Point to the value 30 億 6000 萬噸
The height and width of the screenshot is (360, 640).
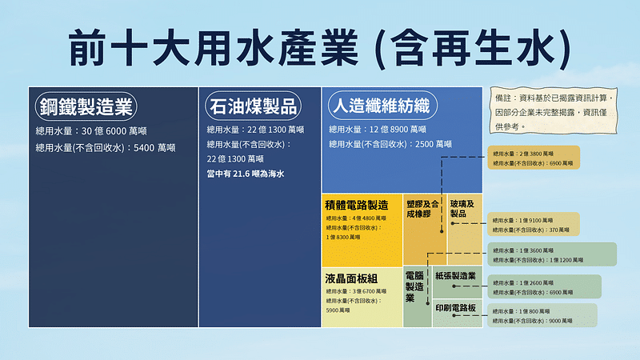click(112, 130)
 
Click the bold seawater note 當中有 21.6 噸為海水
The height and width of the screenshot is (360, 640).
click(246, 174)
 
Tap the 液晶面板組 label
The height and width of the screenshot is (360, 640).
click(351, 278)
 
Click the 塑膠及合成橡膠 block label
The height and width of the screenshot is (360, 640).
click(424, 209)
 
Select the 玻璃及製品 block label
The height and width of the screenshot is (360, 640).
click(462, 209)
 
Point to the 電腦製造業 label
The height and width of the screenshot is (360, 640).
click(415, 286)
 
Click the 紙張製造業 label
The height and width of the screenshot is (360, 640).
click(456, 276)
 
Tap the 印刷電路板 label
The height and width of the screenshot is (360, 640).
click(456, 308)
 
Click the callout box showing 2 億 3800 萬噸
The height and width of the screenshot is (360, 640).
click(533, 158)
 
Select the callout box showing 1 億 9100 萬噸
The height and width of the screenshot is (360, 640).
click(534, 224)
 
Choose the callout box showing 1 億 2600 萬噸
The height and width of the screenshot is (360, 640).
click(544, 287)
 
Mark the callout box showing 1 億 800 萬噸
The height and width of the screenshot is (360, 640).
click(542, 314)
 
